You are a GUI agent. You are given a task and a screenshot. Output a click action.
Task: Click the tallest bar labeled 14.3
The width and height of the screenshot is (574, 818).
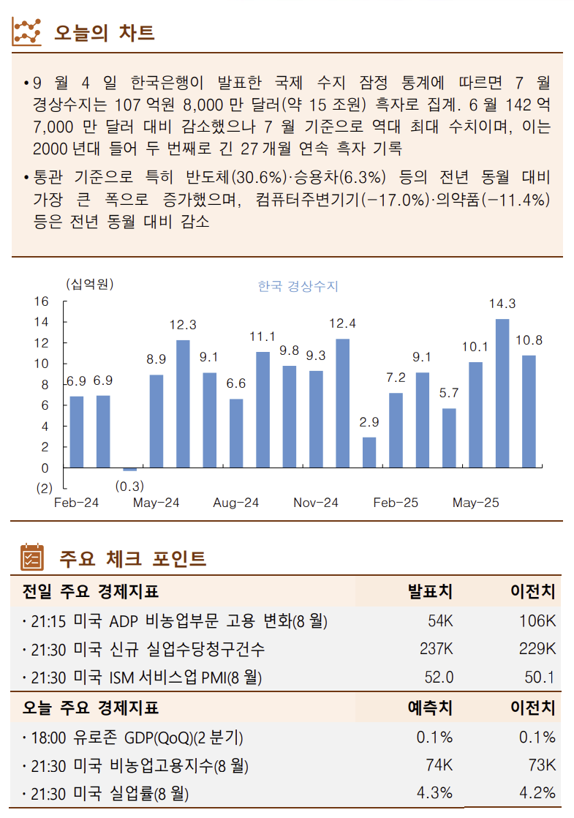[502, 393]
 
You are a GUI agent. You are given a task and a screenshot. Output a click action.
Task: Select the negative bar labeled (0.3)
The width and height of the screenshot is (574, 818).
[129, 469]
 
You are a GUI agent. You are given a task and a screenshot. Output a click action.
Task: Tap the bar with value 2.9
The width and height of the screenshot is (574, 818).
[369, 452]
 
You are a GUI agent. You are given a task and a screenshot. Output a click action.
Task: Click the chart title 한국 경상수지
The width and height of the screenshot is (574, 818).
[298, 286]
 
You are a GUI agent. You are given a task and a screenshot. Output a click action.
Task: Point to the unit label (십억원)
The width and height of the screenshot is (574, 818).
[89, 284]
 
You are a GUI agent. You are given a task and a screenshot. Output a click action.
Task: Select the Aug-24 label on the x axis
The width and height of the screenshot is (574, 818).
[235, 503]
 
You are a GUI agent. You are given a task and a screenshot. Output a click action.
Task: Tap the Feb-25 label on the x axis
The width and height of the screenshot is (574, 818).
[396, 503]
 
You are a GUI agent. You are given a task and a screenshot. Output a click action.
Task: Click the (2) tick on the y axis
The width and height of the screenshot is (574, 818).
[45, 488]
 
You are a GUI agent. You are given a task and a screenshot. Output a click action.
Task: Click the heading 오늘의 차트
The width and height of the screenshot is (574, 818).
[105, 33]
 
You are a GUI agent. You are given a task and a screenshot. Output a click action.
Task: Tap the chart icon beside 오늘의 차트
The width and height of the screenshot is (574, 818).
[28, 31]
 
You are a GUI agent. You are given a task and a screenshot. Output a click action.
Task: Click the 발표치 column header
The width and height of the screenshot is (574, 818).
[430, 591]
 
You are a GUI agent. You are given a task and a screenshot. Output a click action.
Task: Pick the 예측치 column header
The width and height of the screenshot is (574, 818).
[430, 708]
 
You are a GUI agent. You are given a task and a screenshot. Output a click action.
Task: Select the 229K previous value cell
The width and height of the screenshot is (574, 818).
[537, 649]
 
